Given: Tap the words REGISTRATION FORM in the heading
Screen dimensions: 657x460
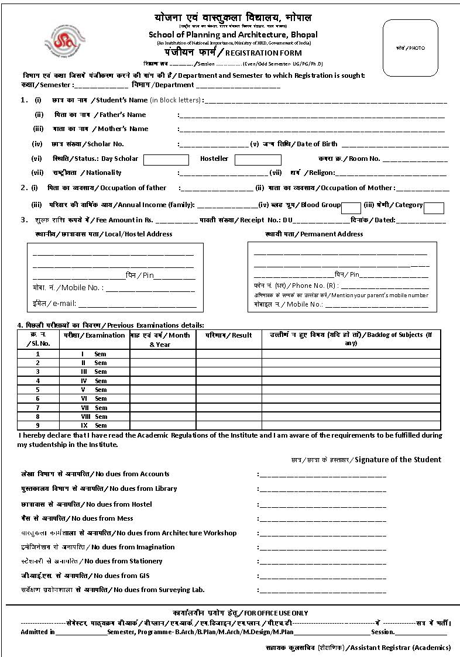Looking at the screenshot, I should [x=259, y=52].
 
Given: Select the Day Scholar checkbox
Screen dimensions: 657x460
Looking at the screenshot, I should [x=166, y=159].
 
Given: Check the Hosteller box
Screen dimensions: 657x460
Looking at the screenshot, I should [x=258, y=159].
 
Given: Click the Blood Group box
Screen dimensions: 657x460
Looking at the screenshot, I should [x=351, y=208].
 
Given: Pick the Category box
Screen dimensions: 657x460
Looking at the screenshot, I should [x=434, y=208].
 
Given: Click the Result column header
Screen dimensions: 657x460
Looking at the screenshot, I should [x=229, y=335].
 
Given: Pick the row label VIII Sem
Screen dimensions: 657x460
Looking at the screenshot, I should [x=94, y=417].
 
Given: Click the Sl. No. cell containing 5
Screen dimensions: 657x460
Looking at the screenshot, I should [x=38, y=390].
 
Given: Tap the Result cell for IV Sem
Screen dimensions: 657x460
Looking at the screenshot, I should [x=229, y=381].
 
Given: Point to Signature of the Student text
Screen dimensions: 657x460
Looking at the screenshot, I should [x=398, y=459].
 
